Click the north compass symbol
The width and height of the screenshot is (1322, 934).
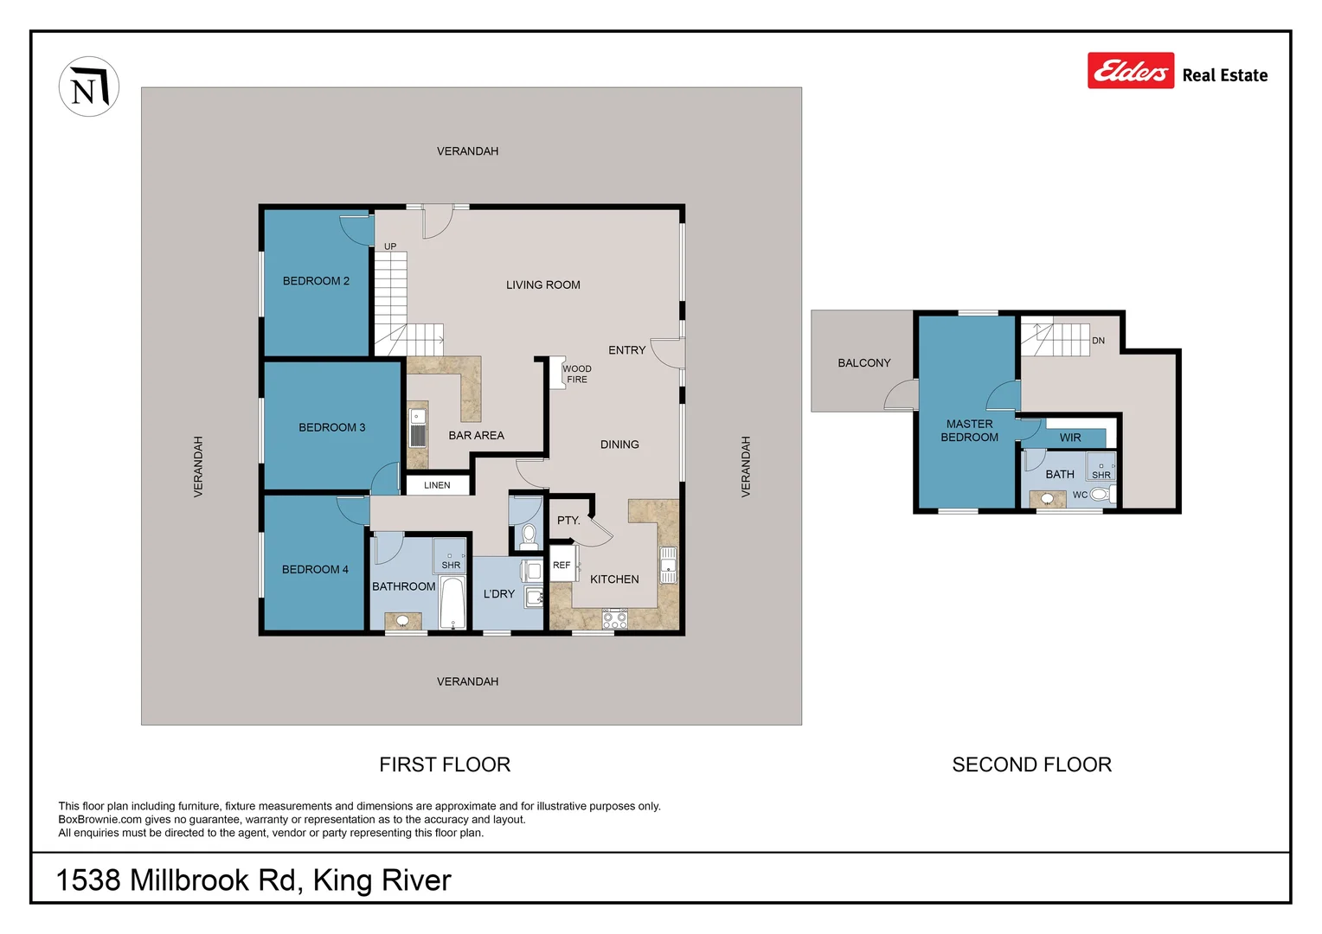(89, 86)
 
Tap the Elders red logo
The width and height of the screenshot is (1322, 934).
(1130, 71)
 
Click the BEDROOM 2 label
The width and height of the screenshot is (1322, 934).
(316, 281)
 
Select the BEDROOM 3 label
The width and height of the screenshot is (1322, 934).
(331, 427)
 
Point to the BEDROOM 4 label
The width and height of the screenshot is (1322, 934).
(315, 569)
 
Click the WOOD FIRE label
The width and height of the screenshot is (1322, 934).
(577, 374)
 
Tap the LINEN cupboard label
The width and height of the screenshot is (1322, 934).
(437, 485)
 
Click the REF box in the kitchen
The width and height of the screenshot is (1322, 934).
(562, 565)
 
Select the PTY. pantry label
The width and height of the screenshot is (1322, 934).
(568, 521)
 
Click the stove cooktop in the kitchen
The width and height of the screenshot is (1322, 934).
(614, 618)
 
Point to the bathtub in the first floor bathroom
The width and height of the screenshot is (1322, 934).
(452, 603)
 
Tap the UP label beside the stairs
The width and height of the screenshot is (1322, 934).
(390, 246)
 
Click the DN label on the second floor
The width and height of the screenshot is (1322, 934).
(1098, 341)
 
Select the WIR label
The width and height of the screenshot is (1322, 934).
(1070, 438)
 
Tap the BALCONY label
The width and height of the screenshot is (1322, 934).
(863, 363)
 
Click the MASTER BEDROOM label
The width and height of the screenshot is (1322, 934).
(969, 431)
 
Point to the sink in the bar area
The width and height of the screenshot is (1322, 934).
(418, 428)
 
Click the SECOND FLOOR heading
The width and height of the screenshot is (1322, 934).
(1031, 764)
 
